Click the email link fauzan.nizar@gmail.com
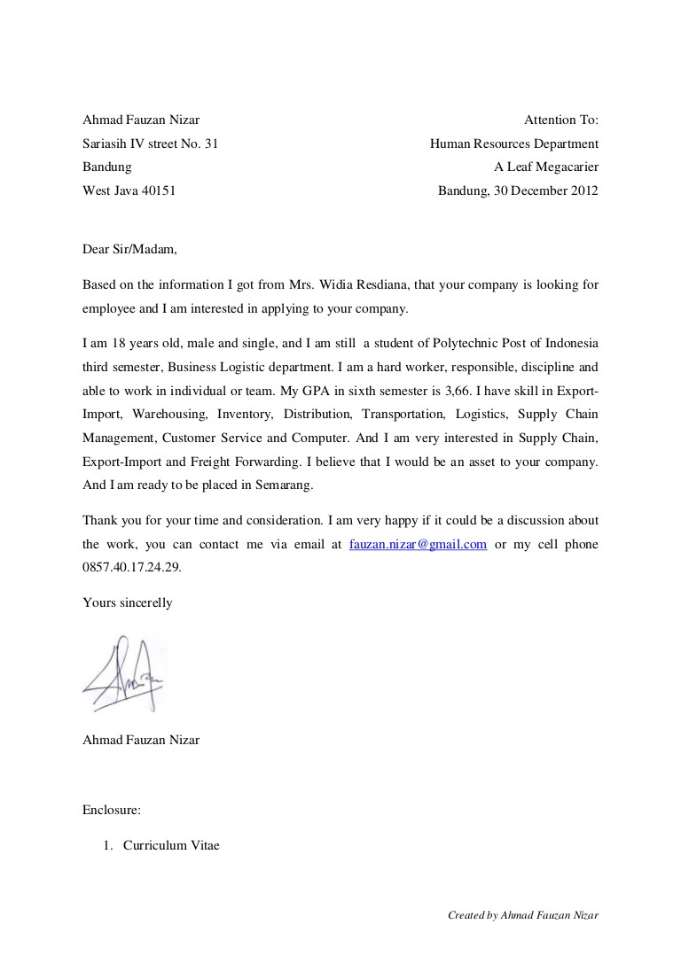418,544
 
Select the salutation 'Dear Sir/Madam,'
129,249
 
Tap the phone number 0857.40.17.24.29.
131,567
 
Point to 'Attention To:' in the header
561,120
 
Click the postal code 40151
159,190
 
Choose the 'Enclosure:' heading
112,809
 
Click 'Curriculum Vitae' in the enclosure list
171,845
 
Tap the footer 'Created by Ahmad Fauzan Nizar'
523,915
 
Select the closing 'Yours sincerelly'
127,602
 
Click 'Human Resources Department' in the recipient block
513,144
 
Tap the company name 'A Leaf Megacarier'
546,167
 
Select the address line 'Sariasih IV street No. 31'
150,144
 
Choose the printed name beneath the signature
141,739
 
